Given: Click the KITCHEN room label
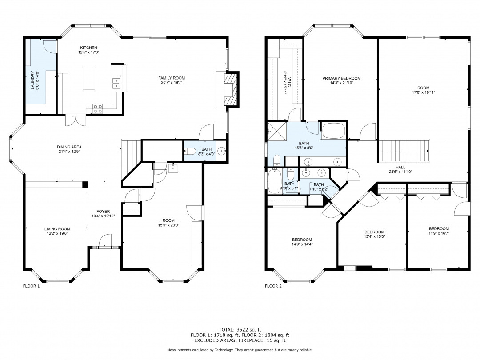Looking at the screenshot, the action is (x=88, y=48).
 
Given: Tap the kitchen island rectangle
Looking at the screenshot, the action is (x=89, y=78).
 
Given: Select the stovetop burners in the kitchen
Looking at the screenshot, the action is (x=98, y=109).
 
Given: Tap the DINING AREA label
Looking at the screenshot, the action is (x=69, y=147).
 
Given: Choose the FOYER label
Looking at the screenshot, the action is (x=103, y=212).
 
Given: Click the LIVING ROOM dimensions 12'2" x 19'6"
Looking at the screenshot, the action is (x=57, y=233).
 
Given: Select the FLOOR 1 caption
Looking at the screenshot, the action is (x=31, y=286).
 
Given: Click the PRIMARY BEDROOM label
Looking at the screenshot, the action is (x=341, y=78).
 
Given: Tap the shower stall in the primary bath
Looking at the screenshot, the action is (x=277, y=131).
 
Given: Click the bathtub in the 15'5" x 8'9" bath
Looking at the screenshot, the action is (x=333, y=130).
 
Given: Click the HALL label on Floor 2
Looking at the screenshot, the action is (x=400, y=167).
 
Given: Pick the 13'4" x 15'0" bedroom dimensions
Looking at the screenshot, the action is (x=374, y=236).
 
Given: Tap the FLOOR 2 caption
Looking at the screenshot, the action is (x=273, y=286).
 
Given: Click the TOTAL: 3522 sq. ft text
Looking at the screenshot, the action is (x=240, y=330).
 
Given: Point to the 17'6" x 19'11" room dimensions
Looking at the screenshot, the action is (x=424, y=92).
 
